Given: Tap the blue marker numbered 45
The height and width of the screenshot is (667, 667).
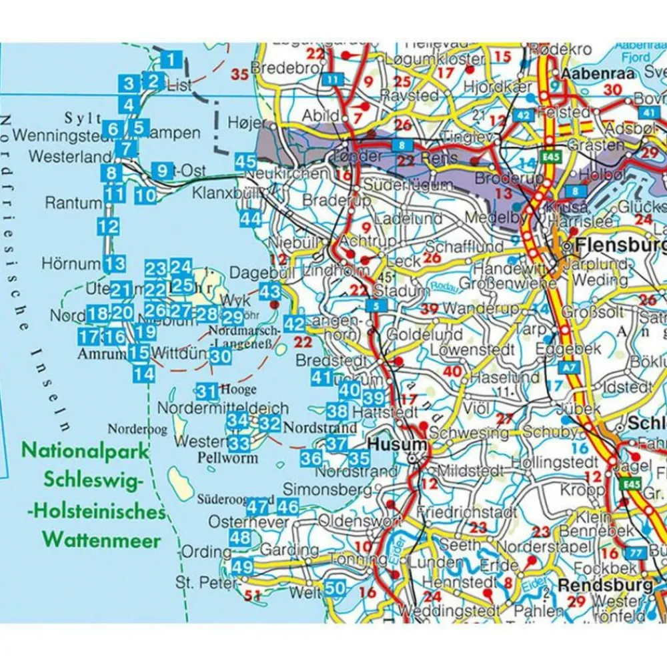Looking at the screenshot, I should [x=245, y=161].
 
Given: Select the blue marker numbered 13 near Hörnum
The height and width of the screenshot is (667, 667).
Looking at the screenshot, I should [x=115, y=263].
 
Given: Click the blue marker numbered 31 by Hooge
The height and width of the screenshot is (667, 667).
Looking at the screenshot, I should [x=207, y=392].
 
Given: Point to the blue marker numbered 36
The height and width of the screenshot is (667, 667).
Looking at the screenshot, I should [x=311, y=458].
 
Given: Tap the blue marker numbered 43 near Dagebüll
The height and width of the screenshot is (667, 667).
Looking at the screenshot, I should [x=270, y=291].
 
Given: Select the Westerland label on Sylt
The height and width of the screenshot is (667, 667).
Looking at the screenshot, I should [x=61, y=157].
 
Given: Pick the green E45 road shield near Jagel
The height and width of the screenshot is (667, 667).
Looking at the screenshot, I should [x=628, y=484].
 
